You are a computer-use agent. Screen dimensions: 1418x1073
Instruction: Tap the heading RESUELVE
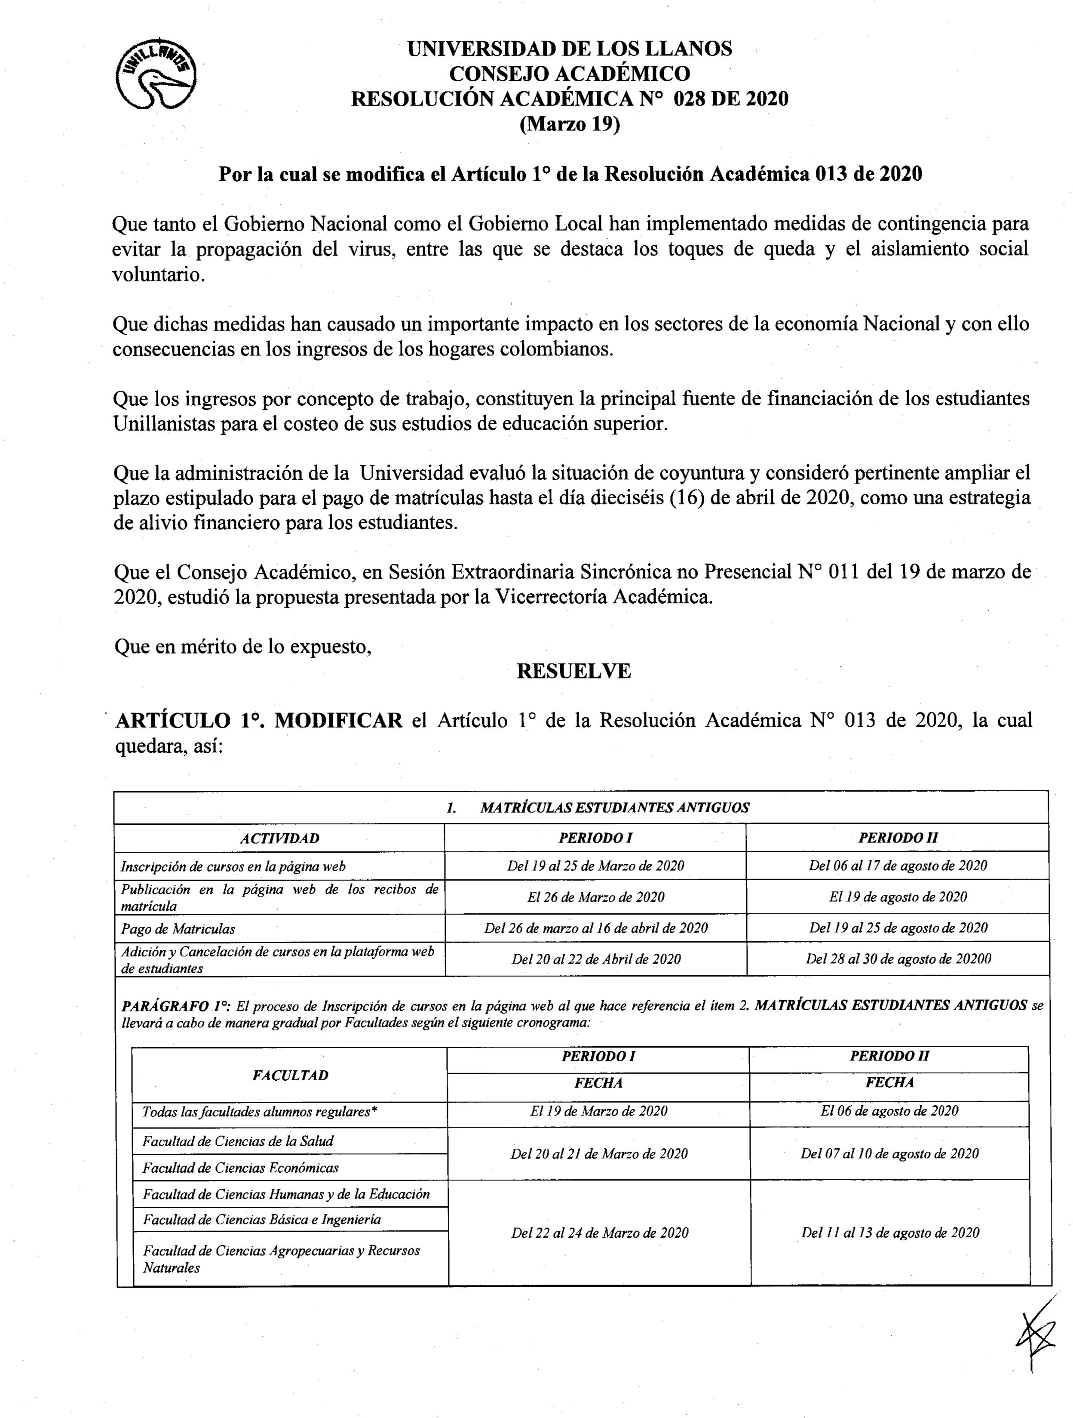573,671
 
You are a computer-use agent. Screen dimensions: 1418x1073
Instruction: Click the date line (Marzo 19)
570,124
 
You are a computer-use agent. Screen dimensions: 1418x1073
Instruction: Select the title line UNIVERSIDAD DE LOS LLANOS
570,49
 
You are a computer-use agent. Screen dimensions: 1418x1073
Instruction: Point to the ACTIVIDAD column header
279,838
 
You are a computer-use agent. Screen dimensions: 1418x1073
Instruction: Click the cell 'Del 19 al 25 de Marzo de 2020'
596,866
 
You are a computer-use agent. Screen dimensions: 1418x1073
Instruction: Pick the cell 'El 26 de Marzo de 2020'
596,897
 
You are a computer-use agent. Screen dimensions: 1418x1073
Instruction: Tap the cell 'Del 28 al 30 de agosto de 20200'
898,959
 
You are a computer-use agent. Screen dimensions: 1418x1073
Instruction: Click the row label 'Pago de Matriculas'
178,928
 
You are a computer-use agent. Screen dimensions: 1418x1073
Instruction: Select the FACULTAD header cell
290,1075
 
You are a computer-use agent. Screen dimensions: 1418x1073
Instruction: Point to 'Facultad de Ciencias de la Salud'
238,1141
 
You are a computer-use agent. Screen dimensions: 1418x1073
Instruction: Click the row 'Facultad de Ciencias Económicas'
240,1167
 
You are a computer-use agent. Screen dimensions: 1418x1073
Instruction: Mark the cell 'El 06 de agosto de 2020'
889,1111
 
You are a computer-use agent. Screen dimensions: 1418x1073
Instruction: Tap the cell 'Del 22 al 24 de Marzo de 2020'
600,1233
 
